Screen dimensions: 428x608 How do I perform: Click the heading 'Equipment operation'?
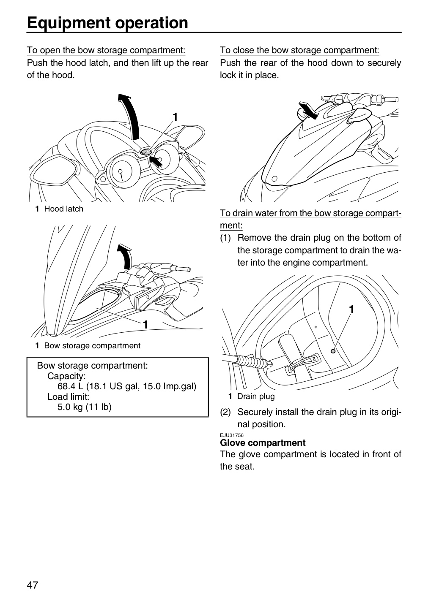107,23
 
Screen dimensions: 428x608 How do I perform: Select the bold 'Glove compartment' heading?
262,443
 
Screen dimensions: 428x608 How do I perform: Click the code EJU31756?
232,435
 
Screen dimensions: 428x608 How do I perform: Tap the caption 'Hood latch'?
63,209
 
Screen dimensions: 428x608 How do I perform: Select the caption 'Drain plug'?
256,396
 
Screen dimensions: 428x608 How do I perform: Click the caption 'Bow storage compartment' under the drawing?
92,345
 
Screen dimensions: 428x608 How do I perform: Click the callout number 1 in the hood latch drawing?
175,117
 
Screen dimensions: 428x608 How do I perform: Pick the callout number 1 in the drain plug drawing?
351,309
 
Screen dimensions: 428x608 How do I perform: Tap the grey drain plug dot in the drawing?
333,351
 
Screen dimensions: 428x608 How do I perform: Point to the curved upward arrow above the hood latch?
130,117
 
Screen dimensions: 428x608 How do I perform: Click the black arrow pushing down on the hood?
308,110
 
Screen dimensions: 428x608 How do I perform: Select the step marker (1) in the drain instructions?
225,238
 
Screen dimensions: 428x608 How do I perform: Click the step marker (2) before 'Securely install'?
225,412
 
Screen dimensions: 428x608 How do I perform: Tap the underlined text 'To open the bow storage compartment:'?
106,50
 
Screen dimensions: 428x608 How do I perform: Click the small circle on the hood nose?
274,179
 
